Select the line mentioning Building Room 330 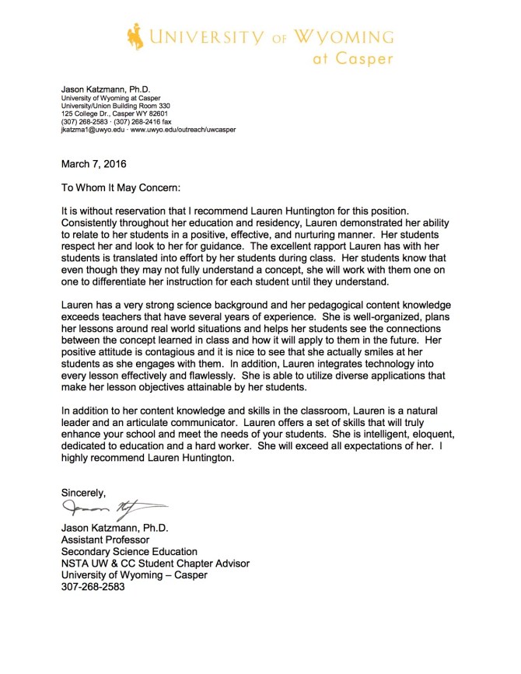[x=115, y=106]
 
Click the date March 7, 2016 [x=93, y=164]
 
